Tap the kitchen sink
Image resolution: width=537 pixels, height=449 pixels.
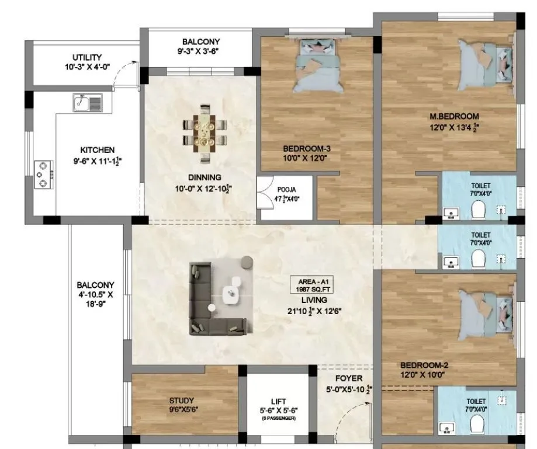tap(87, 104)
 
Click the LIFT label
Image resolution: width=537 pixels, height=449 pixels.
tap(278, 402)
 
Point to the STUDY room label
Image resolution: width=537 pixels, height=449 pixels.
tap(181, 401)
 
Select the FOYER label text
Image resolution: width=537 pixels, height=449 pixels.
tap(349, 378)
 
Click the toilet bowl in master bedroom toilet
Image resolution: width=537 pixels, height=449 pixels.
tap(477, 210)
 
